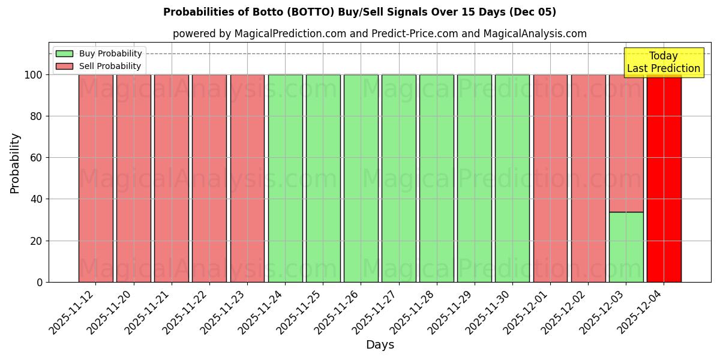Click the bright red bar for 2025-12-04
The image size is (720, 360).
pyautogui.click(x=664, y=180)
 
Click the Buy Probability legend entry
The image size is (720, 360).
pyautogui.click(x=99, y=53)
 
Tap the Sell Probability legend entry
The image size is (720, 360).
pyautogui.click(x=99, y=66)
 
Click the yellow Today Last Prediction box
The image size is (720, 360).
pyautogui.click(x=663, y=62)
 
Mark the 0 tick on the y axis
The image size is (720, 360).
pyautogui.click(x=40, y=282)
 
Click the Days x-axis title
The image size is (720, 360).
pyautogui.click(x=380, y=345)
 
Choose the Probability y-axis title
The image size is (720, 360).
pyautogui.click(x=15, y=163)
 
